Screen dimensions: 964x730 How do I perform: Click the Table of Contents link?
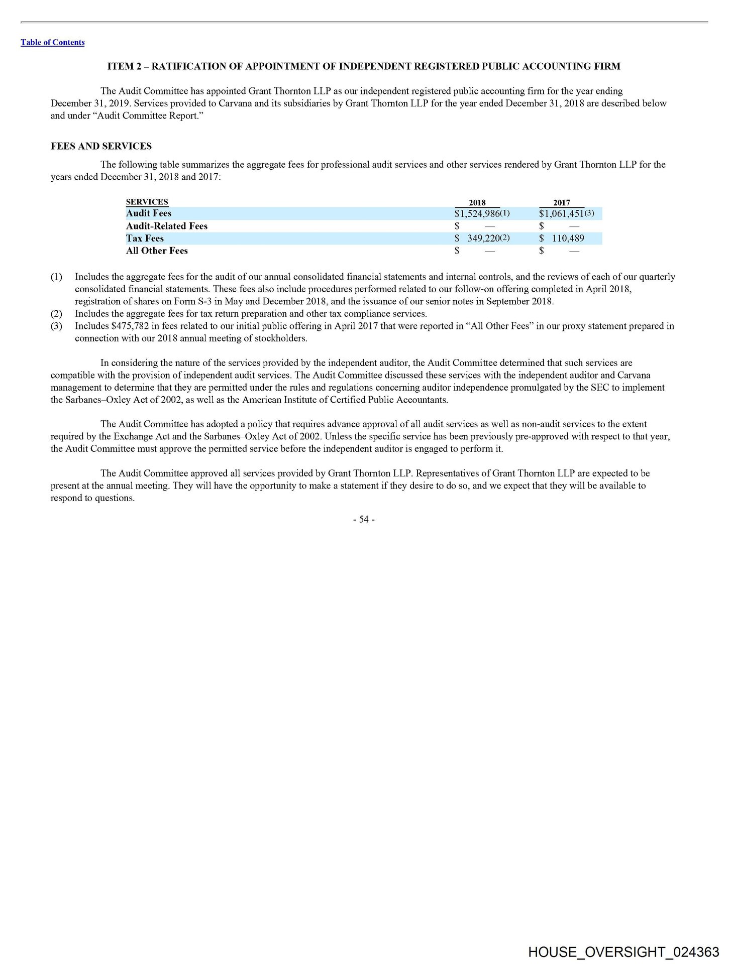coord(52,43)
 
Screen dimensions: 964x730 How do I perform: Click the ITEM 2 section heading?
coord(364,66)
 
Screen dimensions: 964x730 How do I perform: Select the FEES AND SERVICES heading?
coord(101,146)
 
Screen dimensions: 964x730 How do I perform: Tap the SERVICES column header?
coord(147,202)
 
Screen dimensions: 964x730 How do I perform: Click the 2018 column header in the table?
coord(477,203)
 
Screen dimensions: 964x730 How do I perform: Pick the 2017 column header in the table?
coord(561,203)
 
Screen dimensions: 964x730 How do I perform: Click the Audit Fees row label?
coord(149,213)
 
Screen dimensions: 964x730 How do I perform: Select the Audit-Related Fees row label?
coord(166,226)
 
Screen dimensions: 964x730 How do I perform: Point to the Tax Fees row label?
coord(145,238)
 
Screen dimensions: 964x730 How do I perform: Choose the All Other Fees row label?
coord(157,251)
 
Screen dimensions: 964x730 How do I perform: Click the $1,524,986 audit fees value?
coord(477,213)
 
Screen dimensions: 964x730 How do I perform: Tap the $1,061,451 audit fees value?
coord(561,213)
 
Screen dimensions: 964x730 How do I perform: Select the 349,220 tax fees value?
coord(483,238)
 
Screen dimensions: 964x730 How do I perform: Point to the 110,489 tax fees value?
coord(568,238)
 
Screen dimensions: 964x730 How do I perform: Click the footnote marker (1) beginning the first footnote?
coord(56,277)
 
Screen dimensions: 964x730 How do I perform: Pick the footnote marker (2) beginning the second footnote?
coord(56,314)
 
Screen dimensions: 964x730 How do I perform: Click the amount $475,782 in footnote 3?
coord(130,326)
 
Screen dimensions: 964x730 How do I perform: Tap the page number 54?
coord(364,520)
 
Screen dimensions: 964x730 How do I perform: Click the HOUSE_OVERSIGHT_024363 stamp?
coord(623,952)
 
